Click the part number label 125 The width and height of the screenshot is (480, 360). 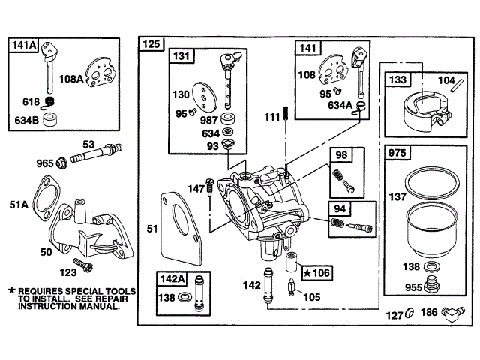point(151,44)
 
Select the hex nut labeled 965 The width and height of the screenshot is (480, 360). point(61,162)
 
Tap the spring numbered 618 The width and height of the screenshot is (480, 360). point(49,102)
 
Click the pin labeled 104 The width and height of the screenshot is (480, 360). point(457,85)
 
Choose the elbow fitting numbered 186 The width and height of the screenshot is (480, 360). point(453,313)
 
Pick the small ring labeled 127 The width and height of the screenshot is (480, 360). point(409,313)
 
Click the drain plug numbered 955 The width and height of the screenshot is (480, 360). point(432,283)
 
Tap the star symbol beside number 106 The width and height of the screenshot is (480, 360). point(307,272)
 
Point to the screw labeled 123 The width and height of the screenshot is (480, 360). point(82,265)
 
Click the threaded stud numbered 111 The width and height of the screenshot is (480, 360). point(286,114)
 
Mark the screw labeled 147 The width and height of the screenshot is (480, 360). point(209,187)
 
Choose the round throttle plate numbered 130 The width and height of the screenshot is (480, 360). point(205,95)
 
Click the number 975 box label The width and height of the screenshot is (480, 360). point(397,152)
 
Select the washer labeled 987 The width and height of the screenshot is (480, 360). point(228,118)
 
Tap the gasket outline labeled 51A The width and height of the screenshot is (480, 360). point(46,197)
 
